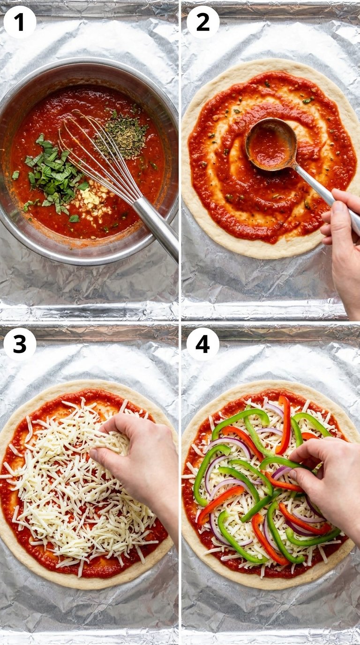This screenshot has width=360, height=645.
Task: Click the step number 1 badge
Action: tap(20, 22)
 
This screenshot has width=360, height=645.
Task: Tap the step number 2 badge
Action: tap(203, 22)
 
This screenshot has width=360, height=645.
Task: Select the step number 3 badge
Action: tap(20, 344)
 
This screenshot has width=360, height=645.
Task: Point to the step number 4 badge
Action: tap(203, 344)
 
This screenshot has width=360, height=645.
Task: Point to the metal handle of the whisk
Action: tap(157, 227)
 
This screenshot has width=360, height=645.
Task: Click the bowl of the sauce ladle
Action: tap(271, 144)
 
